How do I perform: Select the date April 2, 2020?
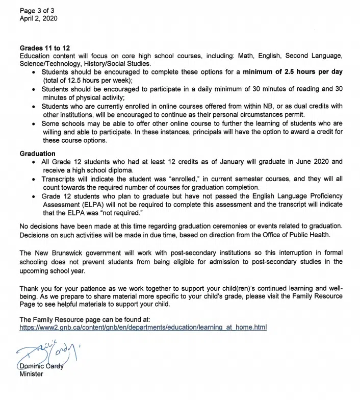39,18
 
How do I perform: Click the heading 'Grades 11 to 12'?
45,48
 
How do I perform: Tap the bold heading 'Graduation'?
38,154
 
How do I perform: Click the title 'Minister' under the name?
32,373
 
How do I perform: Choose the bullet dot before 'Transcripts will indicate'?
33,179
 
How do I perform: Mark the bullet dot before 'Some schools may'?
33,124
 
